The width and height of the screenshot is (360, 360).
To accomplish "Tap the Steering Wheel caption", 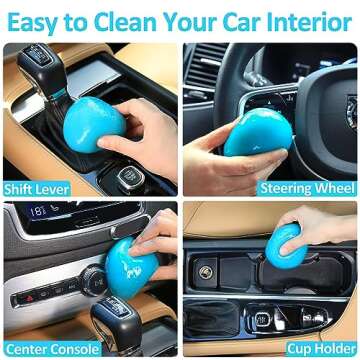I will click(x=308, y=188).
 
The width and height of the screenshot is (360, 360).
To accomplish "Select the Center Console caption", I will click(x=46, y=349).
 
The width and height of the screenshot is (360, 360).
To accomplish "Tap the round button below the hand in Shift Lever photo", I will click(x=128, y=177).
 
